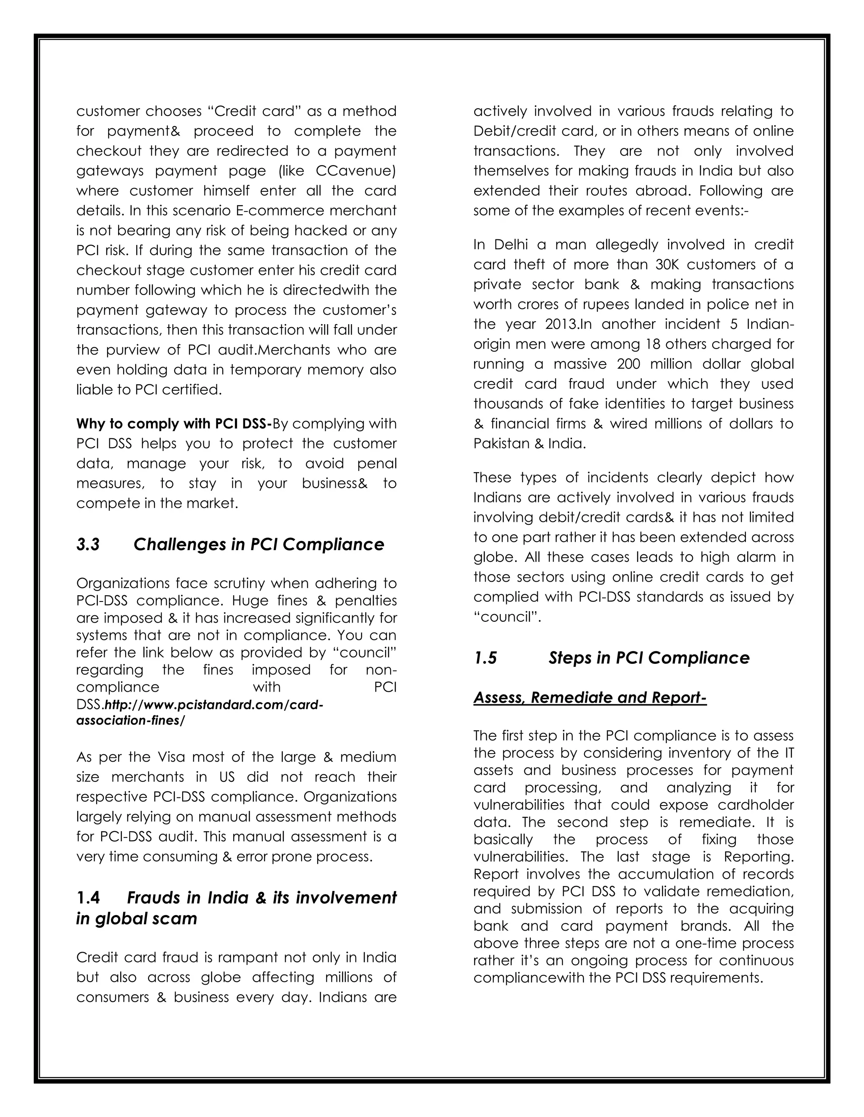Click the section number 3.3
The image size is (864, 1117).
pos(88,545)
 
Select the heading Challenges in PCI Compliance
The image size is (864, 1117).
pos(259,545)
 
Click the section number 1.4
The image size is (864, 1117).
pos(88,897)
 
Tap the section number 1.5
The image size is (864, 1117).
pos(485,658)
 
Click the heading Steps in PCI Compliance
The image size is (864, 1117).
pos(648,658)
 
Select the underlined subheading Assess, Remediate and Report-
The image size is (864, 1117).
pos(590,698)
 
